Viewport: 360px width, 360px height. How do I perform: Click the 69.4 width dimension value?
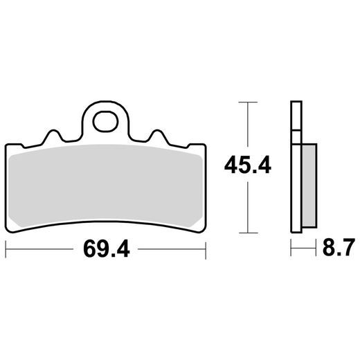pyautogui.click(x=107, y=249)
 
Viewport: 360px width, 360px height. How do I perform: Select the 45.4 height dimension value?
pyautogui.click(x=248, y=165)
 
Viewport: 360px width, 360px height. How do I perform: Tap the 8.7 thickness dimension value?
pyautogui.click(x=339, y=248)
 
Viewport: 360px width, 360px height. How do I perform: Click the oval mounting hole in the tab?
pyautogui.click(x=105, y=121)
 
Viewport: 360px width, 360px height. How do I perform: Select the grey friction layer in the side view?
pyautogui.click(x=309, y=185)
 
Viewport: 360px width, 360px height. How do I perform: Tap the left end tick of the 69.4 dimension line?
pyautogui.click(x=6, y=250)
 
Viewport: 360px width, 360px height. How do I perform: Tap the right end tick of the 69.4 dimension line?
pyautogui.click(x=206, y=250)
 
